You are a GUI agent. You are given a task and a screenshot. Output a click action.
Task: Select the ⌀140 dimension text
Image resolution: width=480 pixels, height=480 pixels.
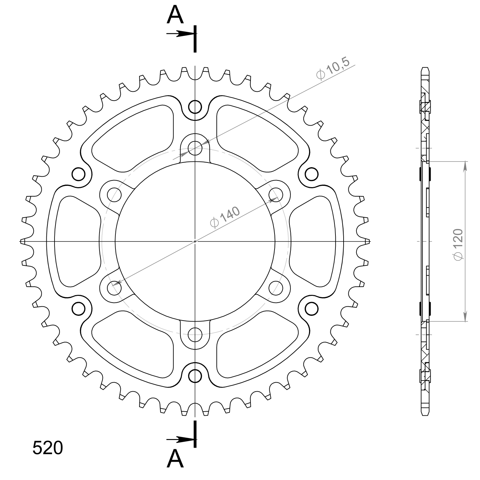[x=225, y=217]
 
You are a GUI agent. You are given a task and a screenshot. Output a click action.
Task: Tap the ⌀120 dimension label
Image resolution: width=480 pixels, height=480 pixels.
[x=458, y=245]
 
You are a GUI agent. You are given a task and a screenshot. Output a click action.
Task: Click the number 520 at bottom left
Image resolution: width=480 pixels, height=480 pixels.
[x=48, y=448]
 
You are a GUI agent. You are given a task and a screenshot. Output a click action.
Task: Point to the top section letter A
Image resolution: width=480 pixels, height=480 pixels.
[x=175, y=15]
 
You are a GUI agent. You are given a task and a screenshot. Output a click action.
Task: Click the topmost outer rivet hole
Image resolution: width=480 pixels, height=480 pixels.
[x=195, y=107]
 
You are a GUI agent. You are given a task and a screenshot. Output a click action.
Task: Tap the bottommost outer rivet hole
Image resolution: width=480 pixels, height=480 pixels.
[x=195, y=376]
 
